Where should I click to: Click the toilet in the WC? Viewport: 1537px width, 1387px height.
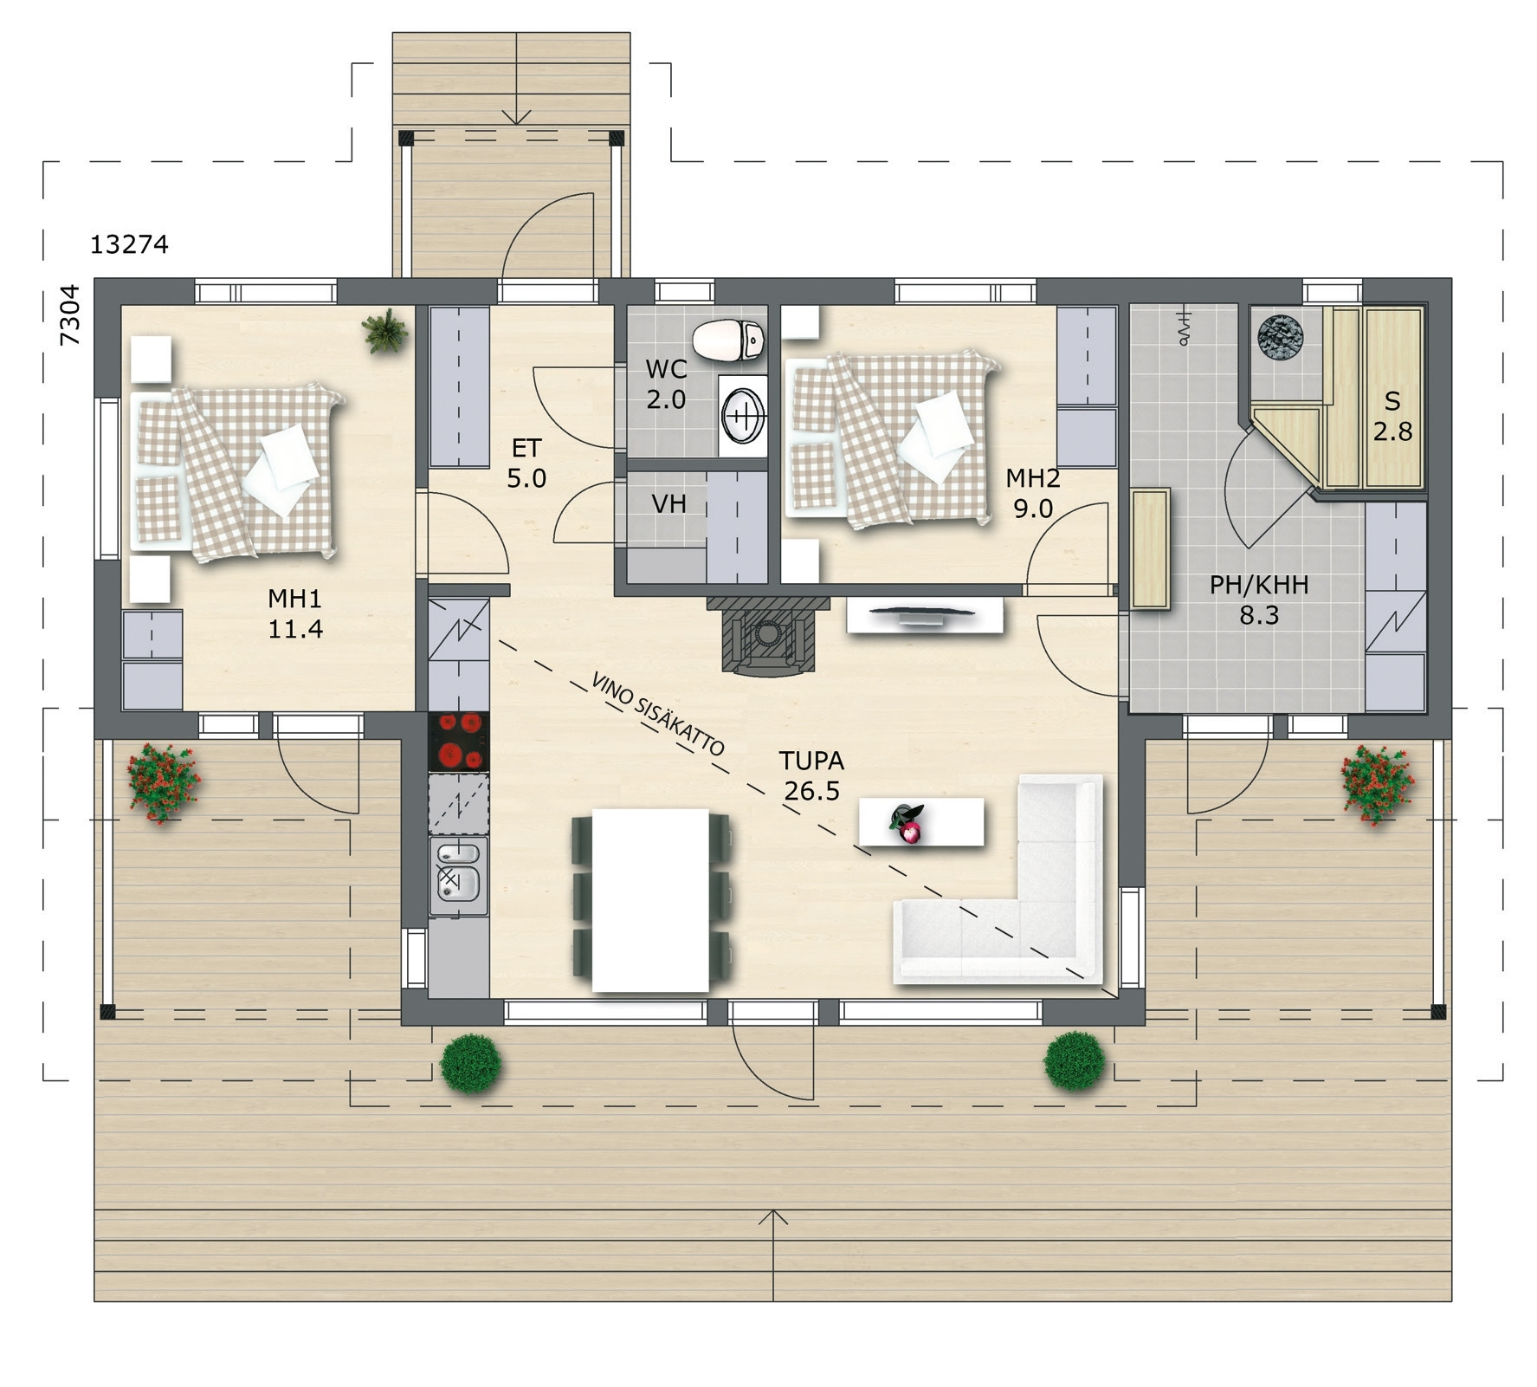pos(729,340)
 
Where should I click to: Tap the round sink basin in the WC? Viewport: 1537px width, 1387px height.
pos(743,415)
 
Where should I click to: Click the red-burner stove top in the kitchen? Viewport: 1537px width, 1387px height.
pos(459,742)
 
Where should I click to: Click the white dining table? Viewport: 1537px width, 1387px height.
pos(650,900)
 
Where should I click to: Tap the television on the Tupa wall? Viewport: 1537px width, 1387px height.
pos(923,615)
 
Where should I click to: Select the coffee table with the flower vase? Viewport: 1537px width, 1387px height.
pos(921,821)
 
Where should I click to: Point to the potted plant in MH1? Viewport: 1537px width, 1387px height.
pos(385,330)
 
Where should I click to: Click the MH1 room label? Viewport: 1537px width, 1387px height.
pos(295,613)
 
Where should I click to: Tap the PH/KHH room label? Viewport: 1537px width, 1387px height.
pos(1259,600)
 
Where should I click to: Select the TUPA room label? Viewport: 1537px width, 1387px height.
pos(811,775)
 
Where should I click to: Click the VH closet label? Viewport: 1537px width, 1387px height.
pos(668,503)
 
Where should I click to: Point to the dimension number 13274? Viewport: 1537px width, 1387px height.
pos(129,245)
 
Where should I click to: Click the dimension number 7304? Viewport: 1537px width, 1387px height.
pos(70,314)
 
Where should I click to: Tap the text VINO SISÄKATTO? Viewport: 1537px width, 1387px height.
pos(658,713)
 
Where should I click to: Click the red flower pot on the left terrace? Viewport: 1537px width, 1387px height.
pos(163,782)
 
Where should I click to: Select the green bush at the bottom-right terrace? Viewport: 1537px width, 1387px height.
pos(1075,1060)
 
